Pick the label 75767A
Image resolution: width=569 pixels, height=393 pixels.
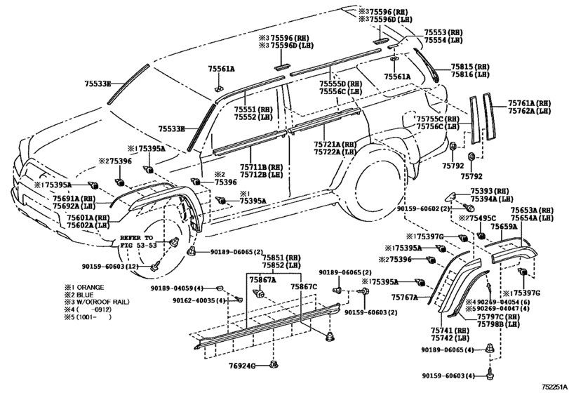point(403,298)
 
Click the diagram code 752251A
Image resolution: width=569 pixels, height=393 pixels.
point(552,387)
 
